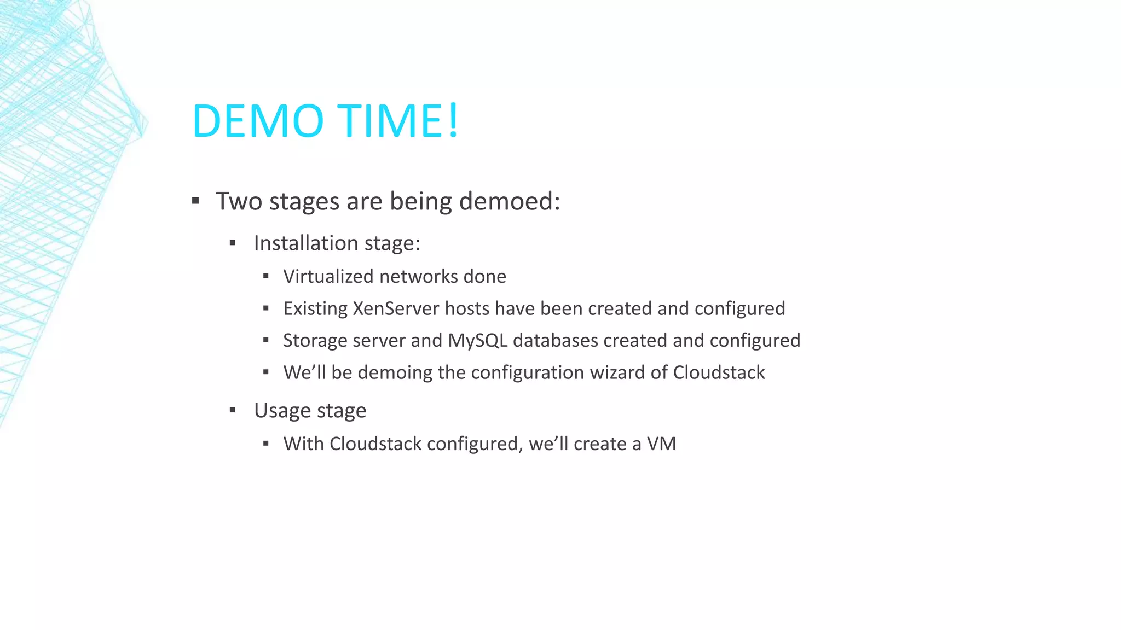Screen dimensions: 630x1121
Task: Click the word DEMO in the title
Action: coord(258,121)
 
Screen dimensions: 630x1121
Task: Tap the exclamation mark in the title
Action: coord(453,121)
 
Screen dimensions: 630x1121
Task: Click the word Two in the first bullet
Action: coord(239,201)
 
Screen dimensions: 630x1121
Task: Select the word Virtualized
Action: coord(328,277)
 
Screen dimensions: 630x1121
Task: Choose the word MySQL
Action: coord(477,341)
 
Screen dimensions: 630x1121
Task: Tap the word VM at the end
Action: coord(661,444)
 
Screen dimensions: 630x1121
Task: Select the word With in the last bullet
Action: coord(303,444)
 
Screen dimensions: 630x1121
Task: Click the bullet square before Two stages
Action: coord(195,201)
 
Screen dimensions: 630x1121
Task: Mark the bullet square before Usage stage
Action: coord(233,410)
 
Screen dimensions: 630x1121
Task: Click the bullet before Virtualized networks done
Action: coord(266,277)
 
